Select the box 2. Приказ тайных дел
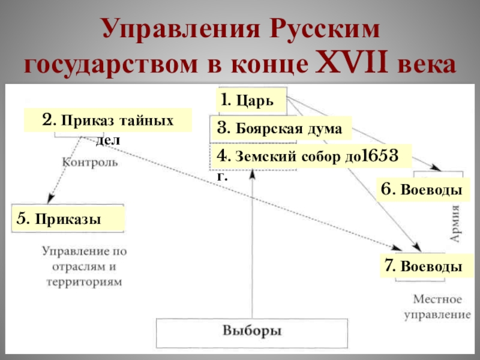click(x=108, y=120)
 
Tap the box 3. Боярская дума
click(x=280, y=128)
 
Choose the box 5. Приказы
click(x=68, y=219)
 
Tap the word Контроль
click(x=90, y=162)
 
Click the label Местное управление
click(x=436, y=306)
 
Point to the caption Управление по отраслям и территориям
click(x=84, y=266)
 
